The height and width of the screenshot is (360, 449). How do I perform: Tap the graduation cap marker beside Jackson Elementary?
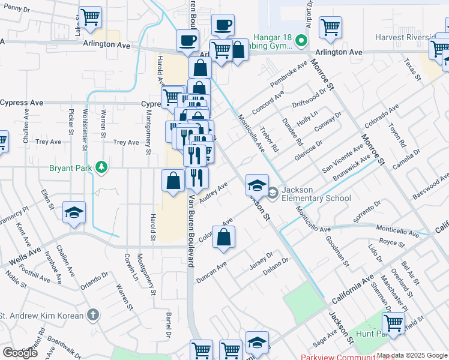click(x=257, y=185)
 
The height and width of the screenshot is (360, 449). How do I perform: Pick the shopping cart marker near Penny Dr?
click(x=90, y=17)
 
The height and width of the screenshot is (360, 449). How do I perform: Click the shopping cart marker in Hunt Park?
click(x=393, y=323)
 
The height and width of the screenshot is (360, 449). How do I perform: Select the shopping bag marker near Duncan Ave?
click(x=223, y=237)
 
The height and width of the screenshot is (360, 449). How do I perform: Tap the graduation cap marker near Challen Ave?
click(x=74, y=213)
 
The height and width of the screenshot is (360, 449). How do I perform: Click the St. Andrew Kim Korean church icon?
click(x=92, y=314)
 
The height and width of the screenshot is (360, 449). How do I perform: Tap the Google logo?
click(x=20, y=353)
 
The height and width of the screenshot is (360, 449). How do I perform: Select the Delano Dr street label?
click(x=276, y=264)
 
